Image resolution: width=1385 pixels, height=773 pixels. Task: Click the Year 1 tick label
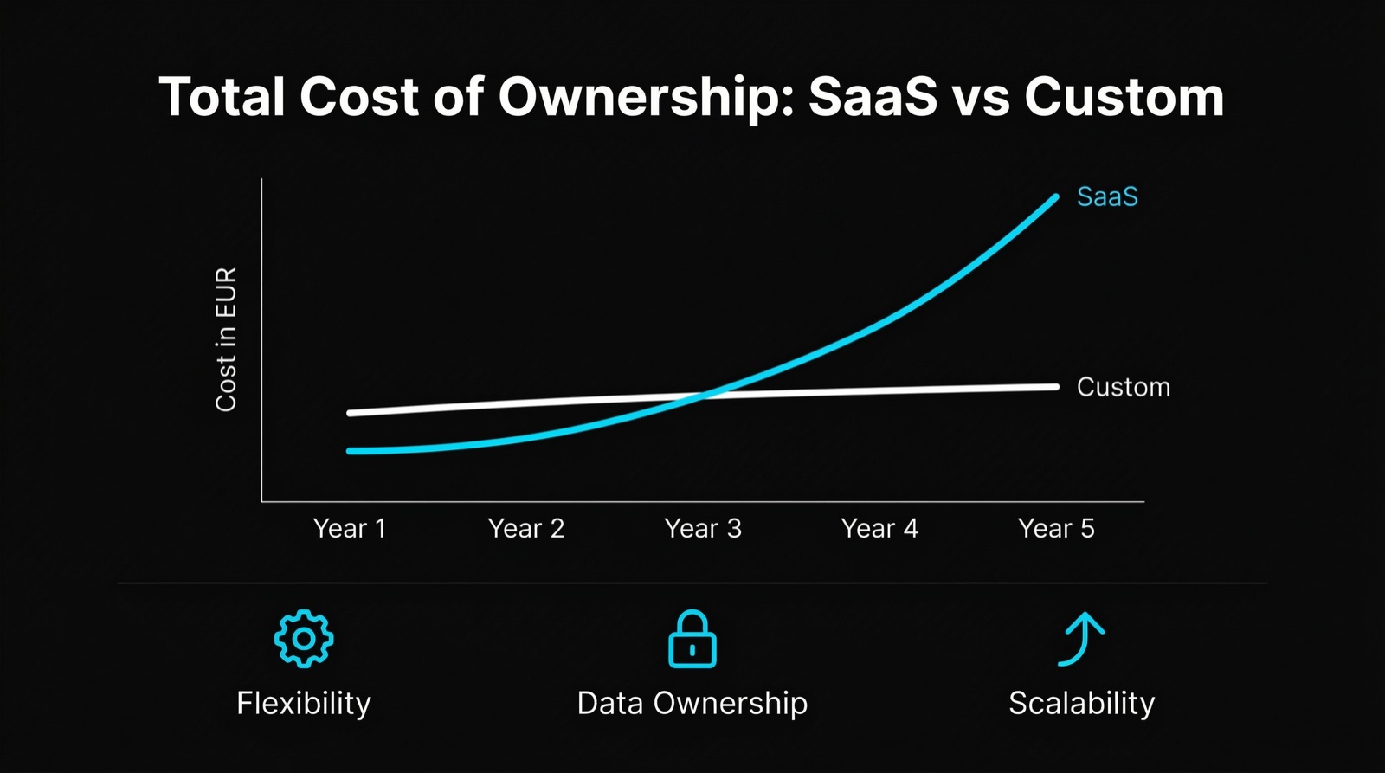click(x=349, y=528)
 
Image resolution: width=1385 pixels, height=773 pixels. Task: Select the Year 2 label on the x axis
click(x=525, y=528)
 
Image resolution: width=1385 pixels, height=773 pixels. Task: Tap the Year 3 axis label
click(x=702, y=528)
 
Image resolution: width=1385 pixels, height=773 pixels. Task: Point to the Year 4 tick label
click(x=879, y=528)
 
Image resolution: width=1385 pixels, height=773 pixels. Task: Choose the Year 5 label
click(x=1055, y=528)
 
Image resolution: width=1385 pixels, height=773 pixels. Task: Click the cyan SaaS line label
click(x=1106, y=197)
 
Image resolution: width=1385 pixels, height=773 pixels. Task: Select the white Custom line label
click(x=1123, y=387)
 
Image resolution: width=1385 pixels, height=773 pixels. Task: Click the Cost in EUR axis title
click(x=226, y=339)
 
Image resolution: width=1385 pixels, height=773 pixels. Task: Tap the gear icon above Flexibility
click(x=303, y=639)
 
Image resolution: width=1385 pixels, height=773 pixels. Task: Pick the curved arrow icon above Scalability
click(x=1080, y=639)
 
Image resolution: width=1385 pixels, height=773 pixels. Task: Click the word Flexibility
click(x=303, y=703)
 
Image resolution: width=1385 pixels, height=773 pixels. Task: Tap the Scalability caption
click(x=1081, y=703)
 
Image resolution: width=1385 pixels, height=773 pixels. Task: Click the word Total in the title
click(x=222, y=97)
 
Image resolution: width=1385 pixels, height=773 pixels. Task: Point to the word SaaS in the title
click(x=872, y=97)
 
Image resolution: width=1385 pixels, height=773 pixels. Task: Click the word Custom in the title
click(x=1124, y=97)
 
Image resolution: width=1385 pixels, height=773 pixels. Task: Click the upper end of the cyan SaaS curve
click(x=1055, y=198)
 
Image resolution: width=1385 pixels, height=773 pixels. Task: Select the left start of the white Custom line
click(x=350, y=413)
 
